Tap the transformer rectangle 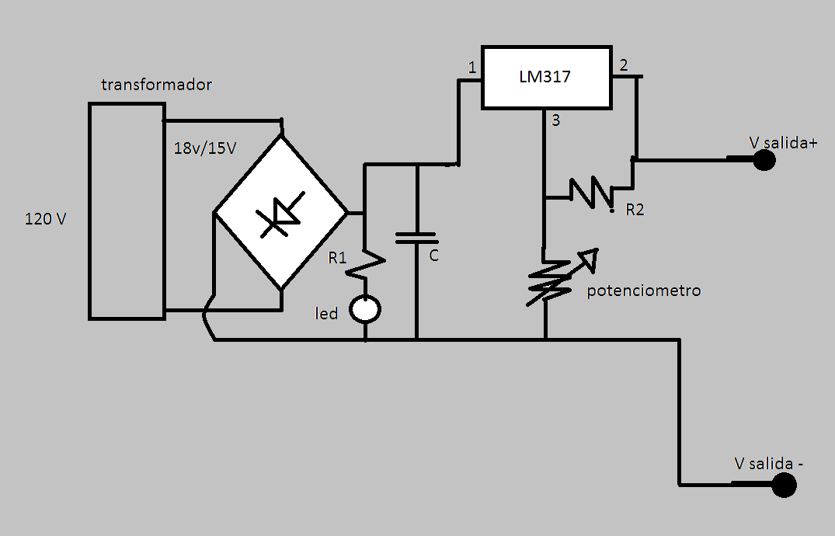click(x=127, y=211)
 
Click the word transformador click(x=156, y=85)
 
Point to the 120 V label click(x=46, y=219)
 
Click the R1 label click(x=337, y=258)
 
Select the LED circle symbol click(x=365, y=310)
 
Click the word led click(x=326, y=314)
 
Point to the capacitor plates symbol click(x=417, y=237)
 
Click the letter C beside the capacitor click(x=434, y=255)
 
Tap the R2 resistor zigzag click(x=592, y=192)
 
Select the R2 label click(x=635, y=210)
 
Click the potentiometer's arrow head click(x=590, y=258)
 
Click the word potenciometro click(x=644, y=291)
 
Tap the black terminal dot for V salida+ click(x=764, y=160)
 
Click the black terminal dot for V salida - click(x=784, y=486)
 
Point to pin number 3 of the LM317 click(x=555, y=120)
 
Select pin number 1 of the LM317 click(x=471, y=68)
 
